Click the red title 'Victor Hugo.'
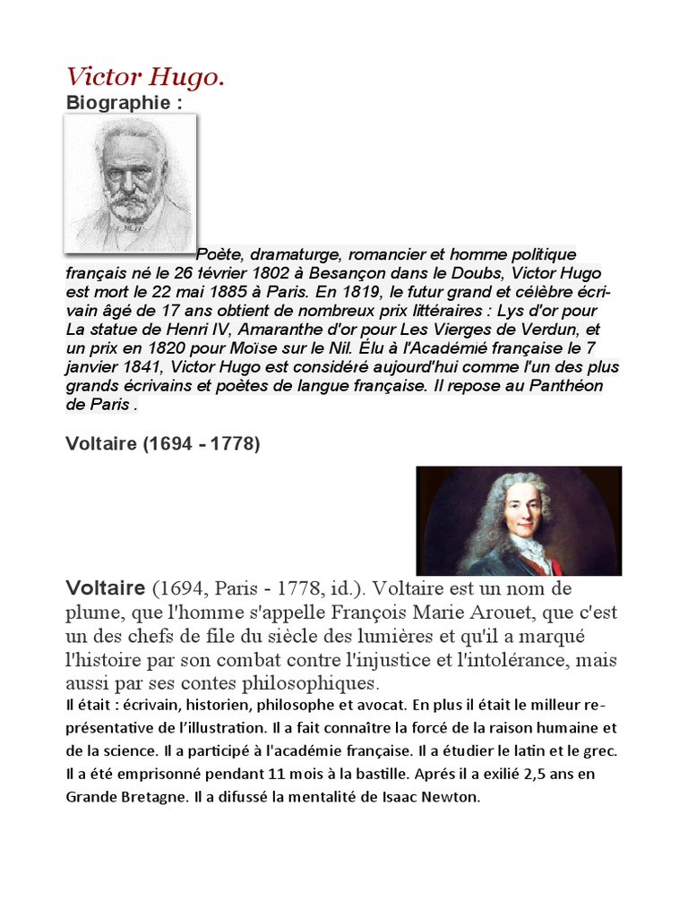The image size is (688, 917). click(145, 78)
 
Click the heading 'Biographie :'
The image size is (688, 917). click(124, 102)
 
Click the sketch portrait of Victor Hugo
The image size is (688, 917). click(131, 183)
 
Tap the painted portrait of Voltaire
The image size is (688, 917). click(519, 520)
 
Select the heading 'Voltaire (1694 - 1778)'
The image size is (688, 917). click(163, 444)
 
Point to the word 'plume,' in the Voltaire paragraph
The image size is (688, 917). click(98, 613)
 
